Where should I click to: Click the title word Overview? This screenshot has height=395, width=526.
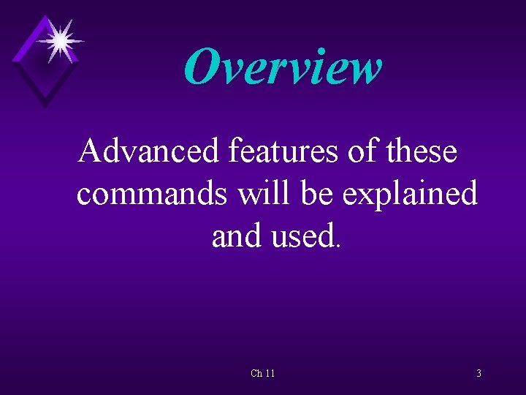283,67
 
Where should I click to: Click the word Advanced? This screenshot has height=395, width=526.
149,151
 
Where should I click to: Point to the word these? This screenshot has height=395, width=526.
424,151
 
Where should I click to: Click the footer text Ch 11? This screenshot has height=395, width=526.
263,374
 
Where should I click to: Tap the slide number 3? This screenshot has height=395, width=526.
479,374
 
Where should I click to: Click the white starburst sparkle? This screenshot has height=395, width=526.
60,39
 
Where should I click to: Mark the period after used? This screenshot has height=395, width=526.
336,245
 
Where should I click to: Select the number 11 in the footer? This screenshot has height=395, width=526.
270,374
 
